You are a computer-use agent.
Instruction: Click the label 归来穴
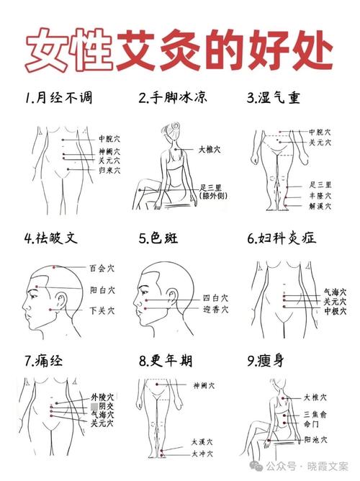(109, 171)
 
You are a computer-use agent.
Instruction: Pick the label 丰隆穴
(320, 195)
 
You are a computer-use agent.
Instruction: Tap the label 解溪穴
(320, 206)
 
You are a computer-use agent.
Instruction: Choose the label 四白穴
(215, 297)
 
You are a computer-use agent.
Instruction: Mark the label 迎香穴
(215, 309)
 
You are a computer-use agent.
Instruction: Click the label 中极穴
(335, 311)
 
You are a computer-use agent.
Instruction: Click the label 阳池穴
(316, 439)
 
